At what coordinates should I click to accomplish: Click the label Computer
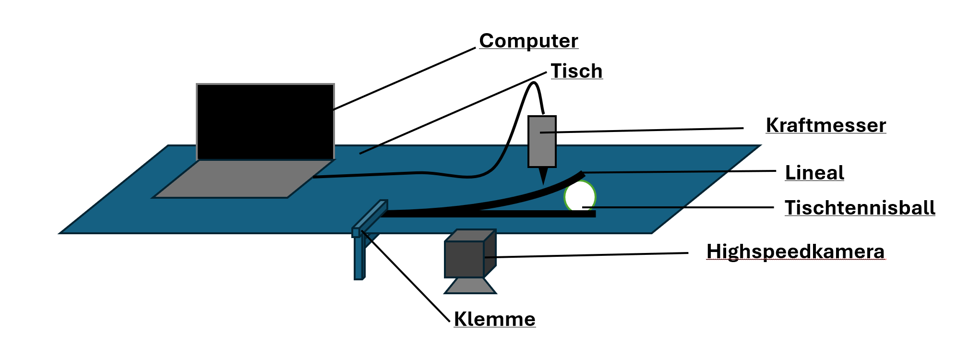(x=528, y=41)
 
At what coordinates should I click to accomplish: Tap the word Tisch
(x=576, y=71)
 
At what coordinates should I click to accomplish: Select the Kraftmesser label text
(x=825, y=125)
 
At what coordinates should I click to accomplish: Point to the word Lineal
(x=814, y=173)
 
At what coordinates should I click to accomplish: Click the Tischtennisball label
(x=860, y=208)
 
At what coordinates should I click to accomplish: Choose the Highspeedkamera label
(x=795, y=252)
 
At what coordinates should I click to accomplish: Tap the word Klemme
(x=494, y=319)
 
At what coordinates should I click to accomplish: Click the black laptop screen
(x=265, y=121)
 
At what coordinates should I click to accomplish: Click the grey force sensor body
(x=542, y=149)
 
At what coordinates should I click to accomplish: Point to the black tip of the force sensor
(x=543, y=175)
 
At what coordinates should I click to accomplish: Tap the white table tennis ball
(x=580, y=196)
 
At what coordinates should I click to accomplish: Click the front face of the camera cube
(x=464, y=259)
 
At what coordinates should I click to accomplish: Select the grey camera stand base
(x=470, y=286)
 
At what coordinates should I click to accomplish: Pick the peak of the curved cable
(x=533, y=84)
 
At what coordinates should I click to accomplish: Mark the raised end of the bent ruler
(x=581, y=174)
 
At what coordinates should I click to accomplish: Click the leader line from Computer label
(x=403, y=79)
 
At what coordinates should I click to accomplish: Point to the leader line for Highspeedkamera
(x=586, y=255)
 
